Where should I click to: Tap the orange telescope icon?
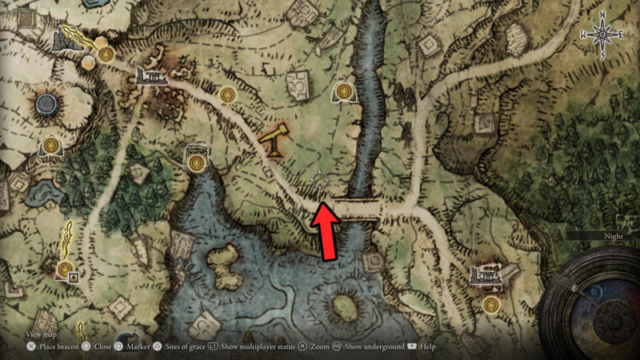click(272, 138)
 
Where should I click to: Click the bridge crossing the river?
click(357, 208)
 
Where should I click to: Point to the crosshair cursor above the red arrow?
click(319, 181)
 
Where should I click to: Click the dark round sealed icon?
click(50, 104)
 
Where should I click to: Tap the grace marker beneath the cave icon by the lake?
click(196, 163)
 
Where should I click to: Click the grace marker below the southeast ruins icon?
click(491, 304)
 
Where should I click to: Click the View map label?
click(42, 334)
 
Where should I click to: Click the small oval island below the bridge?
click(345, 306)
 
